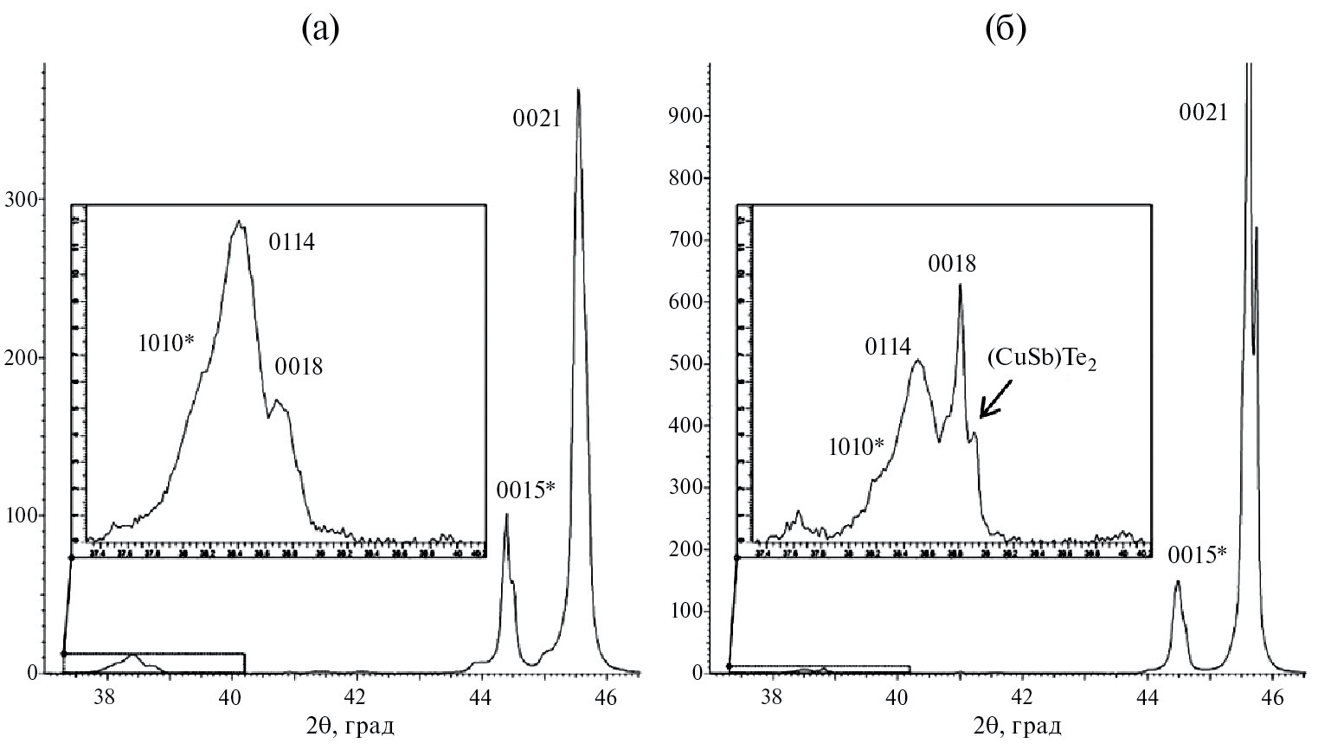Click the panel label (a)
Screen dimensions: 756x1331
[x=320, y=30]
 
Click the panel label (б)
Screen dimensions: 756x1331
[x=1006, y=30]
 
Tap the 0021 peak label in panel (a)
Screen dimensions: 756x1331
[x=537, y=119]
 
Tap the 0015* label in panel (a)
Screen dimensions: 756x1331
[x=526, y=491]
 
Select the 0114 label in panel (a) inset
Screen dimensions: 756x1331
[x=292, y=242]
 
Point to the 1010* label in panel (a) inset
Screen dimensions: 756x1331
[x=166, y=343]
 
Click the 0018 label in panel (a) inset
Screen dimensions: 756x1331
[x=299, y=367]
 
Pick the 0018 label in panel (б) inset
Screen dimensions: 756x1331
[x=952, y=264]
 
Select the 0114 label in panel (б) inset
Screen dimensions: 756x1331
[x=888, y=347]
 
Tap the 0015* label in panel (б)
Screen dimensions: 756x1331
[x=1197, y=554]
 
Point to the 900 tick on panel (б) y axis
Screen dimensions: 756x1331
[x=684, y=117]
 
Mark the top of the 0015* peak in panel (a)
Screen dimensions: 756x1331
[x=506, y=515]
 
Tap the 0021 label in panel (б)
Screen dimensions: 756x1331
[x=1204, y=112]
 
